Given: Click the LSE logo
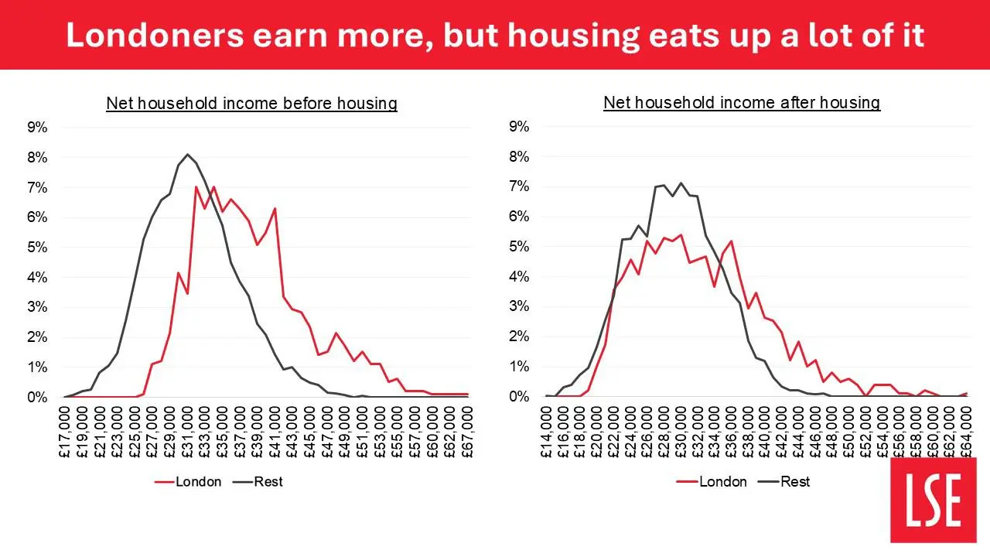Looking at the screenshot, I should pyautogui.click(x=934, y=499).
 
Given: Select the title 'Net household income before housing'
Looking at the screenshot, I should pyautogui.click(x=251, y=103).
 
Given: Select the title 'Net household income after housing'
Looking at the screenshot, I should pyautogui.click(x=742, y=102).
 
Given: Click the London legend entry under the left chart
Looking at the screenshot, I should pyautogui.click(x=189, y=481).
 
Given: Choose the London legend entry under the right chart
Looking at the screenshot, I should pyautogui.click(x=712, y=481).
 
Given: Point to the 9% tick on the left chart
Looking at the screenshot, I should pyautogui.click(x=38, y=128).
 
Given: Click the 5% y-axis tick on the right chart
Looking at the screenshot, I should pyautogui.click(x=519, y=247).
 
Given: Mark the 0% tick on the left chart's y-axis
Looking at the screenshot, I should pyautogui.click(x=38, y=397).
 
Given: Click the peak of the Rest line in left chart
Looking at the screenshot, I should pyautogui.click(x=187, y=154).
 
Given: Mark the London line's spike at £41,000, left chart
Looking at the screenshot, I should pyautogui.click(x=275, y=208).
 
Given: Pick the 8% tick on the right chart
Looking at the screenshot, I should pyautogui.click(x=519, y=156).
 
